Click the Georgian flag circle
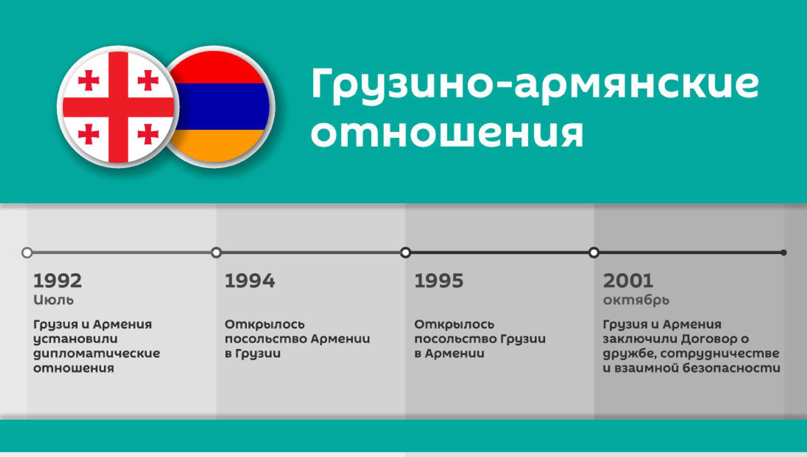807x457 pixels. pos(118,107)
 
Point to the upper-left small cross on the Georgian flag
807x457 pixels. pos(89,80)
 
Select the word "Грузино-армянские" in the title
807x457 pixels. pos(534,84)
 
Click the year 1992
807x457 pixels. pos(58,281)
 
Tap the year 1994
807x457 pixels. pos(250,281)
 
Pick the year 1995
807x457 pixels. pos(439,281)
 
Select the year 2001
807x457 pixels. pos(628,281)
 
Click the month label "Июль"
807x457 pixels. pos(53,300)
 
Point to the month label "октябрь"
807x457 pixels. pos(636,300)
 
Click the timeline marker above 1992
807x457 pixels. pos(27,253)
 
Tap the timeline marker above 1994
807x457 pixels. pos(216,253)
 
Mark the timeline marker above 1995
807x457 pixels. pos(405,253)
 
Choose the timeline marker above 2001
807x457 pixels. pos(594,253)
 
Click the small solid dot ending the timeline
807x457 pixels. pos(784,253)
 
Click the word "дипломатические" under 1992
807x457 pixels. pos(97,353)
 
